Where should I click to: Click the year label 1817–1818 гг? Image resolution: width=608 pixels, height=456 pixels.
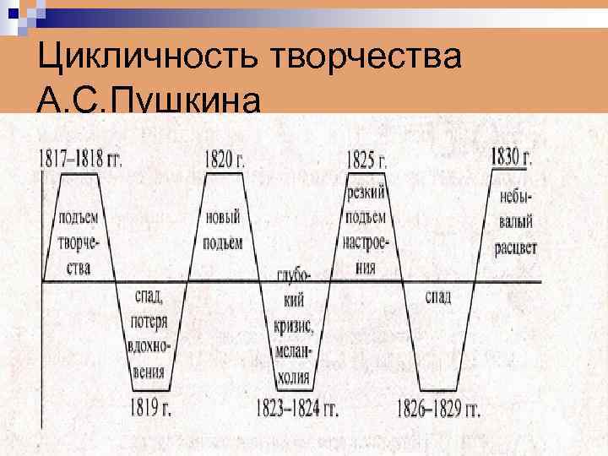tap(80, 159)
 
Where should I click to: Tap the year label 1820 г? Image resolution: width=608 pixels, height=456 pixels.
tap(224, 159)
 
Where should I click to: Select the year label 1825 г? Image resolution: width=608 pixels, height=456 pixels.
tap(367, 159)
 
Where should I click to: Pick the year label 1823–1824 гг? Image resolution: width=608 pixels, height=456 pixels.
tap(297, 410)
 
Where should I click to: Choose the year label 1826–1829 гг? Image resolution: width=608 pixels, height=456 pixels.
tap(438, 410)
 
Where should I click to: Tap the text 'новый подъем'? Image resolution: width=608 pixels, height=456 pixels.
tap(223, 230)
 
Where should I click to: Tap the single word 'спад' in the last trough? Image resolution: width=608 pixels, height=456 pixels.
tap(437, 297)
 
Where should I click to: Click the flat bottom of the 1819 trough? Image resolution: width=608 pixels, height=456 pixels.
tap(152, 391)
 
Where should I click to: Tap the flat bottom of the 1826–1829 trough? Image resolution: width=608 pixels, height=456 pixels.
tap(438, 391)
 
